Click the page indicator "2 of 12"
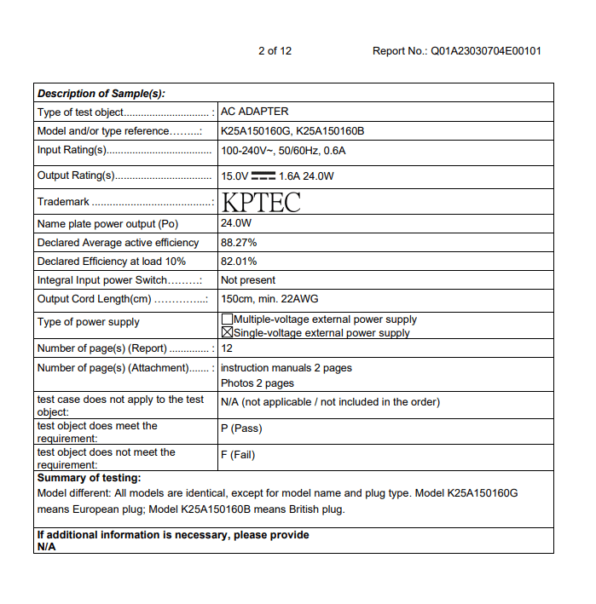[x=275, y=51]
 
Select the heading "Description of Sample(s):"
[x=101, y=94]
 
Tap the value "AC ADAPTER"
[x=254, y=112]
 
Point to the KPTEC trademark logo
[x=261, y=202]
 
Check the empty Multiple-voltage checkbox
[x=227, y=319]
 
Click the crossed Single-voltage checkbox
[x=227, y=333]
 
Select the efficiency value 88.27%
[x=239, y=243]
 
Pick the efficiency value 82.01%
[x=239, y=262]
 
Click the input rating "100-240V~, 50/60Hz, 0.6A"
[x=283, y=151]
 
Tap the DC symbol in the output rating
[x=263, y=176]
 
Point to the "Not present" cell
[x=248, y=280]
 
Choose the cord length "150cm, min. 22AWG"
[x=275, y=299]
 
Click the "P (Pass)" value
[x=241, y=429]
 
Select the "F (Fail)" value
[x=238, y=455]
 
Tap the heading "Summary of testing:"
[x=90, y=479]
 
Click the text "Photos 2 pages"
[x=257, y=383]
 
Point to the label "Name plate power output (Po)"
[x=108, y=224]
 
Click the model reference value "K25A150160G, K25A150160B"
[x=292, y=131]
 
